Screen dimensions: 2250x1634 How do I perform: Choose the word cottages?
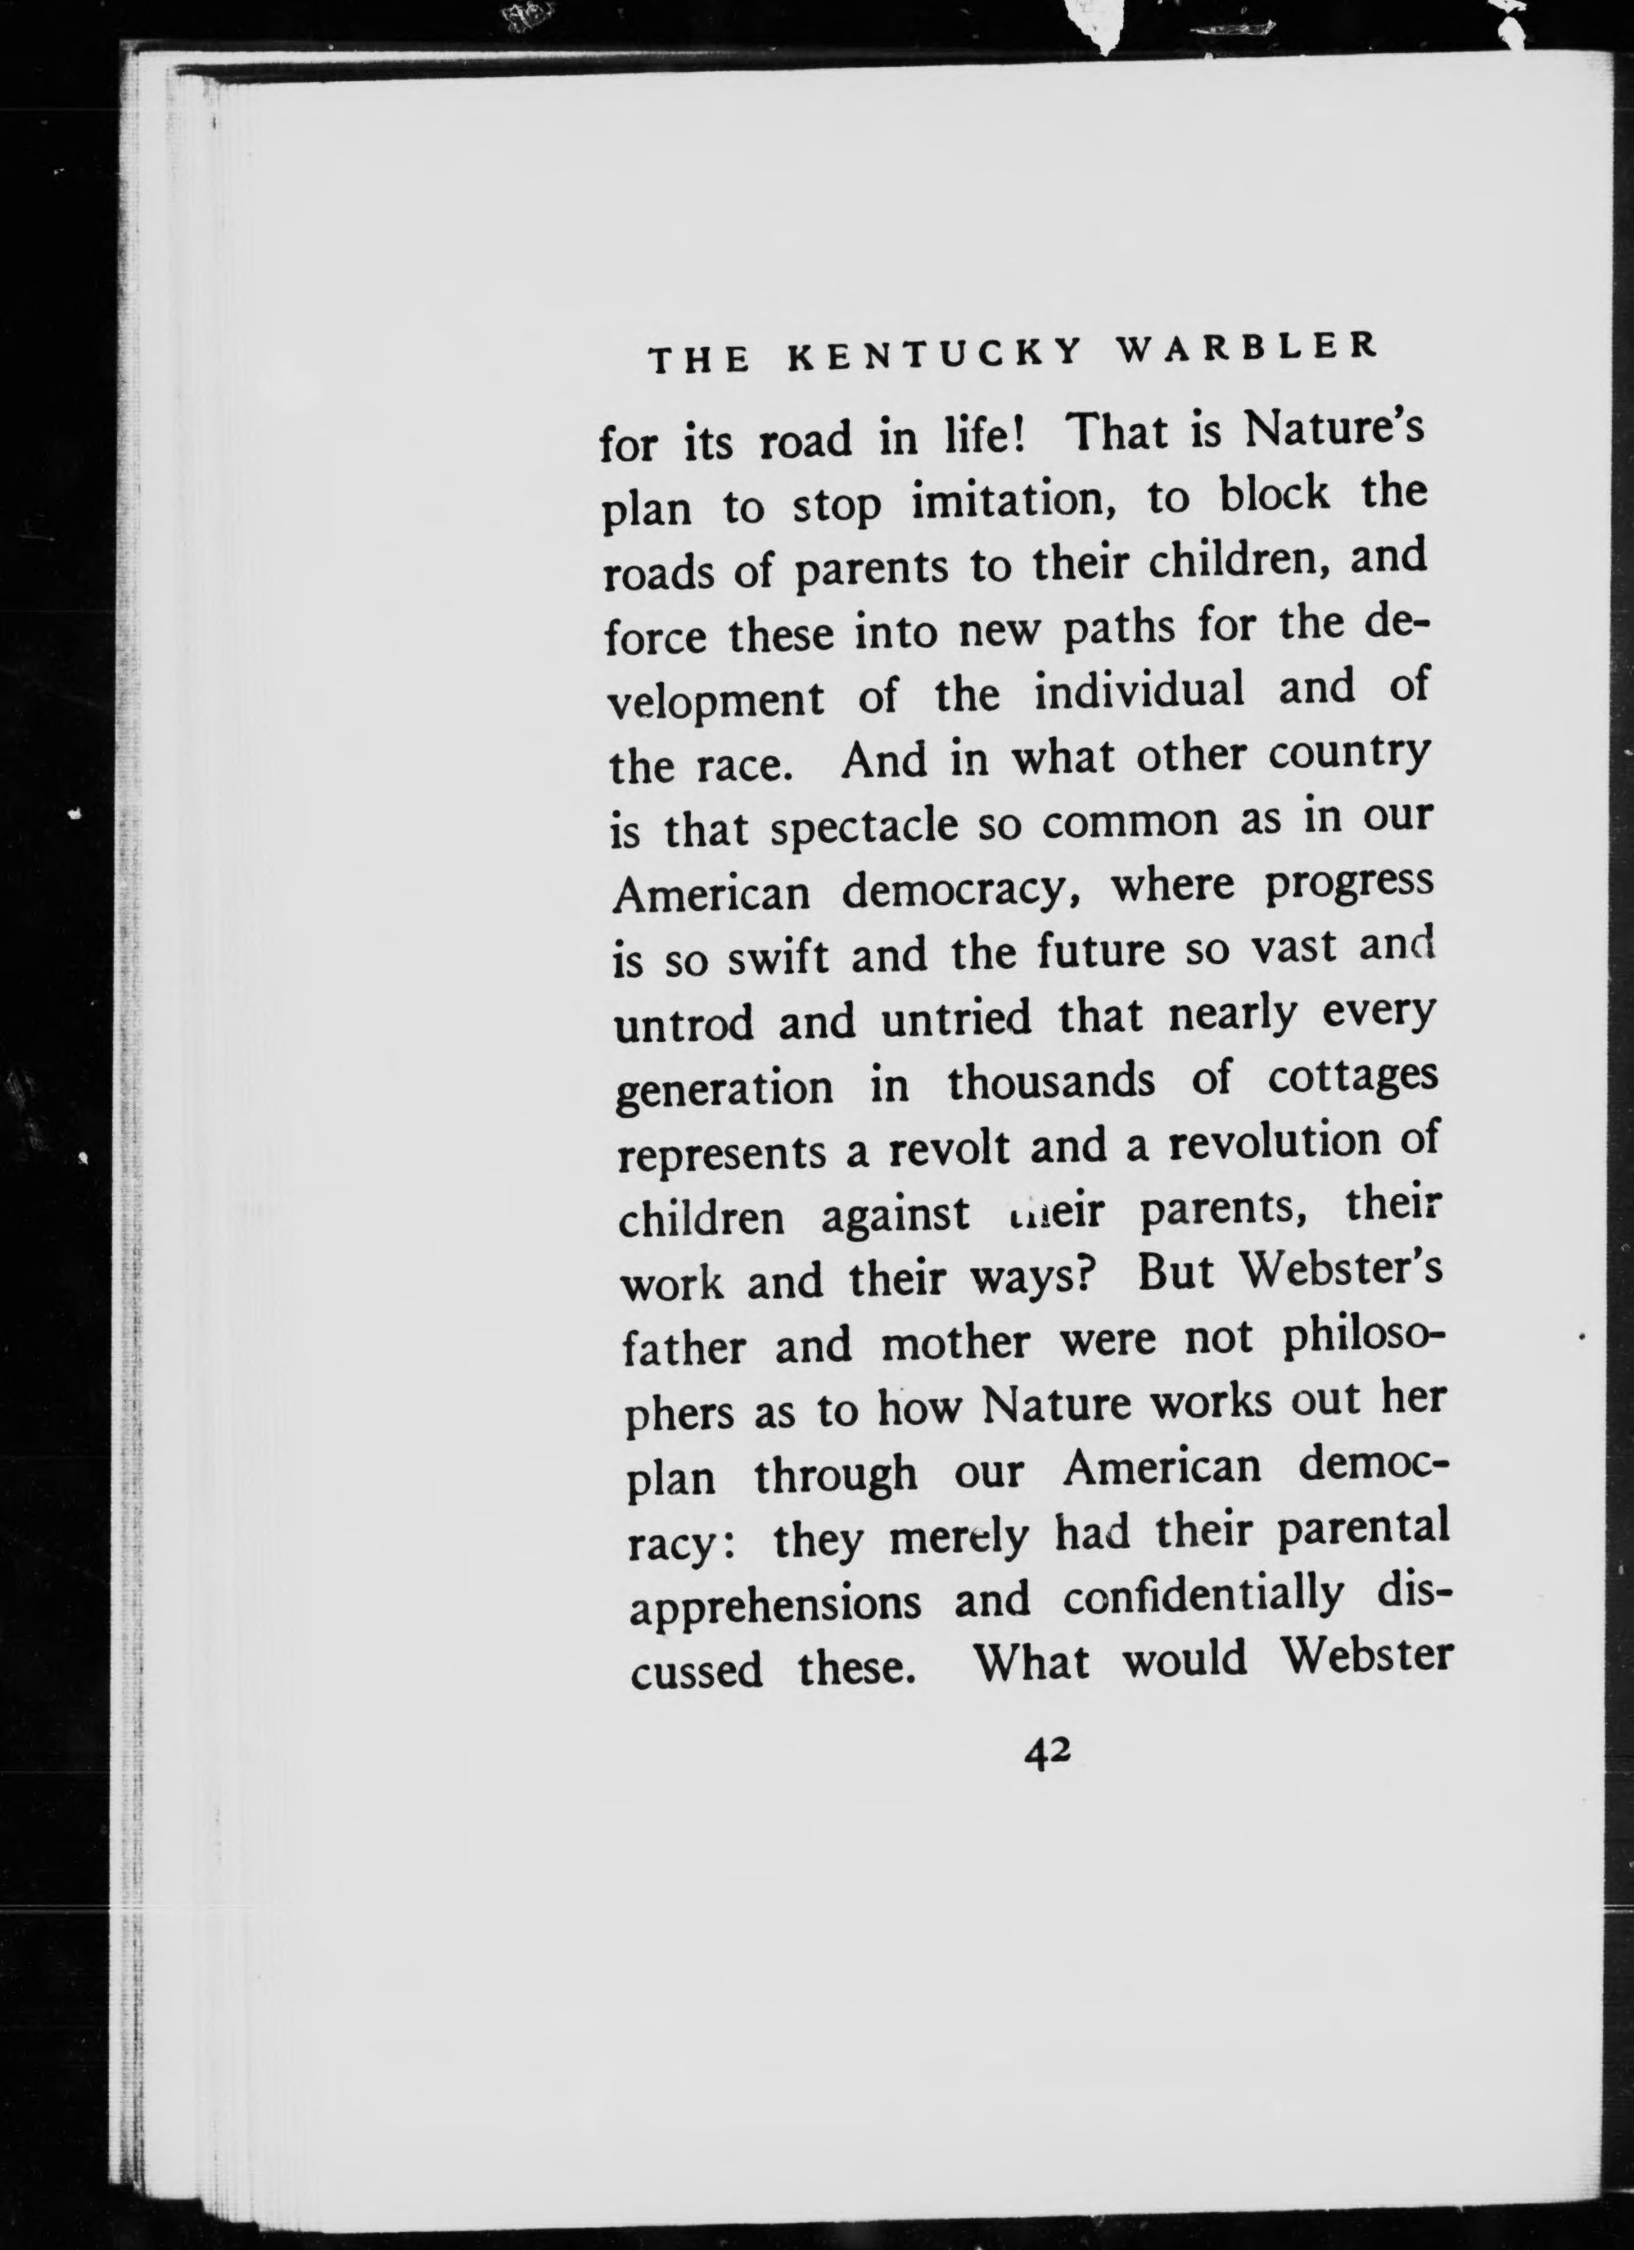click(x=1352, y=1080)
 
